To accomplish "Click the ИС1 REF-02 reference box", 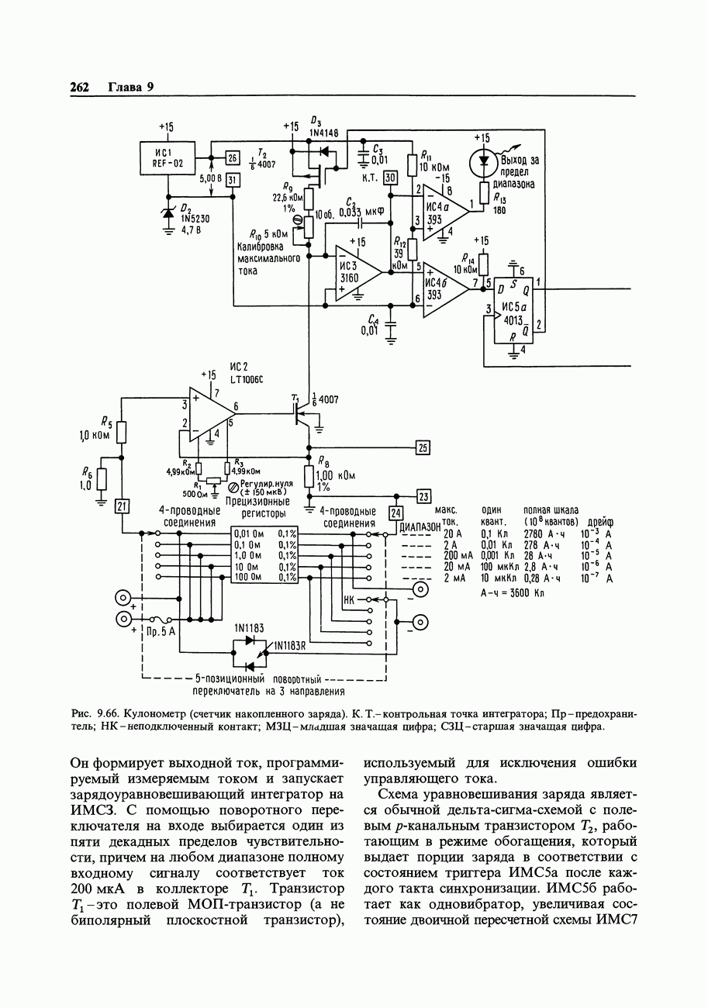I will pos(168,158).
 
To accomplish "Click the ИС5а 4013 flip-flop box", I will pos(514,310).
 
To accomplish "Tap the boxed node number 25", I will pos(423,447).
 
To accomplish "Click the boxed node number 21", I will pos(122,506).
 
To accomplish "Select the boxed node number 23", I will pos(423,497).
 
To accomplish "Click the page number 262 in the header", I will pos(80,87).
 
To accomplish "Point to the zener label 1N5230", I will pos(195,219).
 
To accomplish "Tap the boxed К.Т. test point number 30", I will pos(391,177).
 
